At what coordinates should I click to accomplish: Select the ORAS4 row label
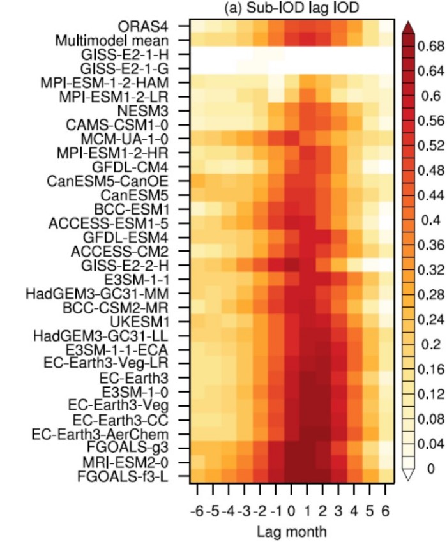tap(154, 26)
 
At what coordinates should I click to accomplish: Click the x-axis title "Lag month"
tap(291, 531)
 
